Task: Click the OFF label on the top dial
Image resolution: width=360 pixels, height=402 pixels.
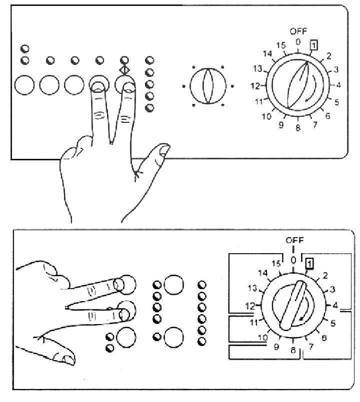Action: point(298,31)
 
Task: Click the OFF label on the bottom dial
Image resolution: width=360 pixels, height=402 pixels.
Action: point(294,241)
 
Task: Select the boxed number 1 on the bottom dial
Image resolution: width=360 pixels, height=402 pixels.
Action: point(310,262)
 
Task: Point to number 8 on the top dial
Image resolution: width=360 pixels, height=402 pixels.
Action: point(298,128)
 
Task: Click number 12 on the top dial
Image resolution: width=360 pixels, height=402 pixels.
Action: point(255,86)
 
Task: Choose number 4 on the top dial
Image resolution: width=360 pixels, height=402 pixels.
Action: point(338,85)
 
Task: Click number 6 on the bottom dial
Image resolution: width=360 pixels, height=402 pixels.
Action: point(324,338)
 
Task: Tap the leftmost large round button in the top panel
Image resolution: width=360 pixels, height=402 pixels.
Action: point(24,85)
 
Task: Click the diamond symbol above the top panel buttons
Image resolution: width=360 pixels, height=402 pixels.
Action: point(124,69)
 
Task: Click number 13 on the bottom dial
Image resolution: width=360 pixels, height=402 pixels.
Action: point(253,289)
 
